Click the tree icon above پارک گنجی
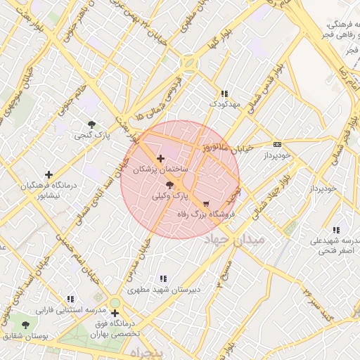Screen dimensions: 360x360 [91, 124]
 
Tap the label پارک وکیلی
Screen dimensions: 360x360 [171, 196]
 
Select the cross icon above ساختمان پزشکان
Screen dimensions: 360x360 [161, 159]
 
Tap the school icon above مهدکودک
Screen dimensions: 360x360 [224, 94]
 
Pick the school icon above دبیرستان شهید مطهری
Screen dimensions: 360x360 [164, 278]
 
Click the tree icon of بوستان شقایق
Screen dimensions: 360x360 [26, 326]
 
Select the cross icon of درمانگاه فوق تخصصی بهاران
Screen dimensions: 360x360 [115, 313]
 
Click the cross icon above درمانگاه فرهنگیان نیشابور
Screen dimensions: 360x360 [49, 174]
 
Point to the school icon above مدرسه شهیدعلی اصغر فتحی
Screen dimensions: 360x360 [336, 230]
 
